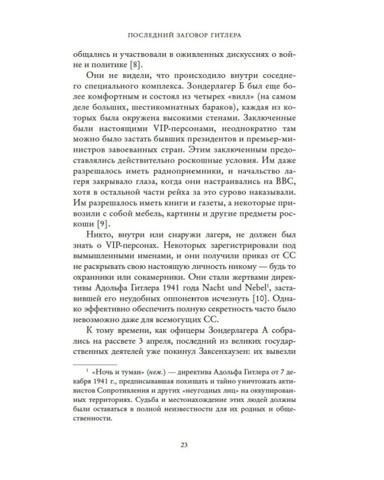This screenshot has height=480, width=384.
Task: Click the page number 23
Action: [191, 446]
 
